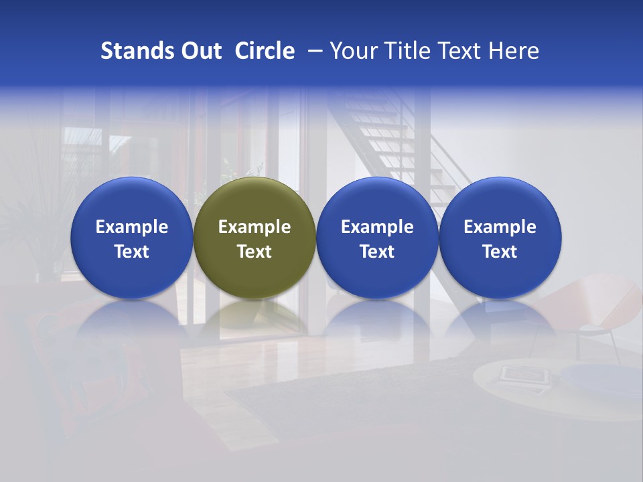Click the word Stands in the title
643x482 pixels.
(x=131, y=51)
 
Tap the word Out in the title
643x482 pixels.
(x=200, y=51)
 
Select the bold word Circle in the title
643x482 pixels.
(x=265, y=51)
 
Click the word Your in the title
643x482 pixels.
(x=352, y=51)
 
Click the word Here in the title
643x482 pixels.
(x=514, y=51)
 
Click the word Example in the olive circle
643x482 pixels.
(x=255, y=227)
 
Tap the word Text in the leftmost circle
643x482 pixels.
(x=131, y=252)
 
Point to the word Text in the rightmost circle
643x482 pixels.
(x=500, y=252)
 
